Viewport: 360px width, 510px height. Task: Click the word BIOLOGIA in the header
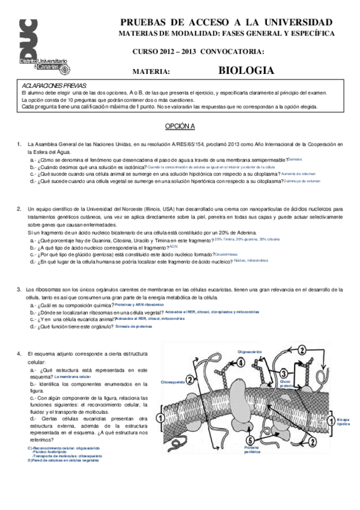tap(246, 70)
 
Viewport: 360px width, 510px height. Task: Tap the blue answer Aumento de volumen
tap(301, 173)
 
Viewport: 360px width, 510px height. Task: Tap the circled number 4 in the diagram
tap(240, 363)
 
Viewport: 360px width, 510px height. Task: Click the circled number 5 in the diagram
tap(249, 440)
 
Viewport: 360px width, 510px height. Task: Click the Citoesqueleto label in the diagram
tap(172, 382)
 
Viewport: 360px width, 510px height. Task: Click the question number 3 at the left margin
tap(19, 290)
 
